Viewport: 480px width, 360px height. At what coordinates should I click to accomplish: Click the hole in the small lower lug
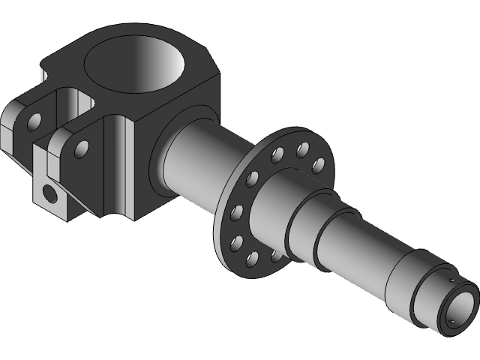tap(49, 194)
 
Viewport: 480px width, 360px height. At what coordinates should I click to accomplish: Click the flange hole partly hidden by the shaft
tap(278, 256)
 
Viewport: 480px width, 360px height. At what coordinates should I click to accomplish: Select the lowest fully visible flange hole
tap(251, 259)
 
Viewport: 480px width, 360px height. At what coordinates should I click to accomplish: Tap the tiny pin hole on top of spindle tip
tap(451, 280)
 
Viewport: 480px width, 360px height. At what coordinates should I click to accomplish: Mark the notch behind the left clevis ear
tap(43, 75)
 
